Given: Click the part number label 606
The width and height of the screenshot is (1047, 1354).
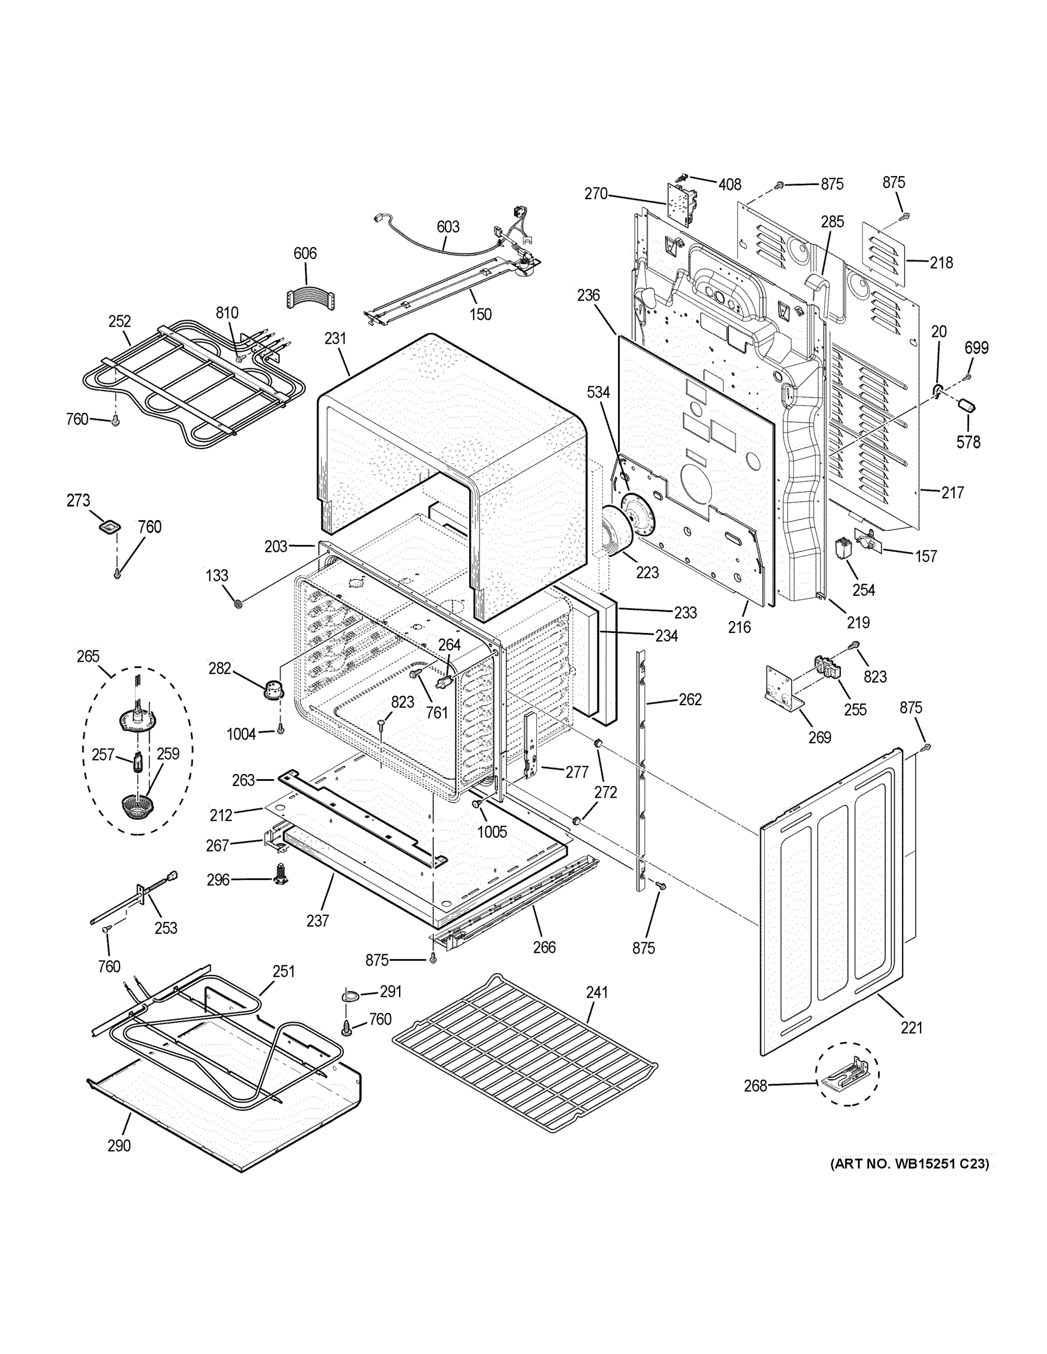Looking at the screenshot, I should coord(305,253).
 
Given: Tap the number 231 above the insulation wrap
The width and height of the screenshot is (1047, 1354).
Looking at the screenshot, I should coord(335,338).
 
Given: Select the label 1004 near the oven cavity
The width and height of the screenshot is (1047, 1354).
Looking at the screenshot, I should coord(241,735).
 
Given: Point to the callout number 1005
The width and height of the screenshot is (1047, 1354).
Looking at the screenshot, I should coord(492,832).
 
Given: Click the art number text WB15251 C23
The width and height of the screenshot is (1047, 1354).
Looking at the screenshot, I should coord(909,1164).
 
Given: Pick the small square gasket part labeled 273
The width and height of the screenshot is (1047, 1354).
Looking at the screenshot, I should coord(109,527).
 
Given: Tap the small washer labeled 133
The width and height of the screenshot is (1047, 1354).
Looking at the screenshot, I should coord(238,603).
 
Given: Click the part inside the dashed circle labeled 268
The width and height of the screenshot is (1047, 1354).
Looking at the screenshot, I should coord(846,1074).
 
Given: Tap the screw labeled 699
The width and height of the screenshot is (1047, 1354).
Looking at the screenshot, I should coord(967,376).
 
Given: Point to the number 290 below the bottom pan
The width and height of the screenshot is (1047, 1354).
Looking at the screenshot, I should coord(119,1146).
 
